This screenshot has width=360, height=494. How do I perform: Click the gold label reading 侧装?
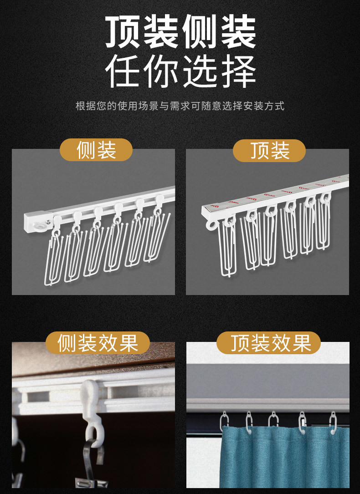click(96, 150)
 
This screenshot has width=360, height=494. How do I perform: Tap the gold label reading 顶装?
click(269, 150)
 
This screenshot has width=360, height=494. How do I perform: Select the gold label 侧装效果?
click(98, 343)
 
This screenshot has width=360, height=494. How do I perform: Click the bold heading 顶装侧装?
click(180, 33)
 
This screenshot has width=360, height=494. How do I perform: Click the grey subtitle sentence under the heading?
click(180, 106)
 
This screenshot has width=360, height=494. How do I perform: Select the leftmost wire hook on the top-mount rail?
click(228, 248)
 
